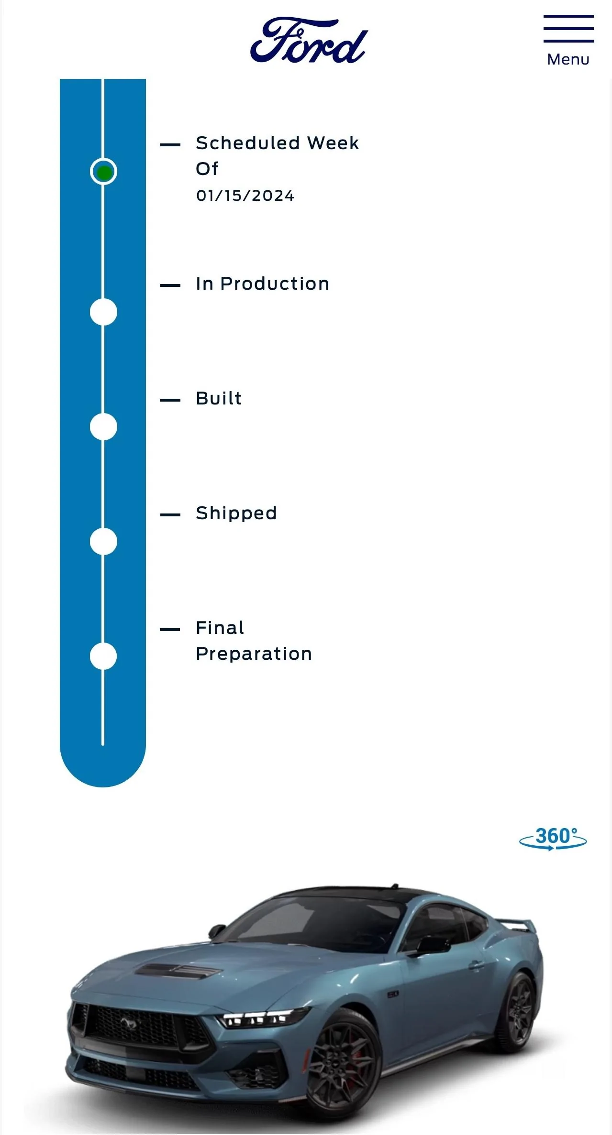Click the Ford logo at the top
[x=309, y=41]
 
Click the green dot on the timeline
[x=103, y=172]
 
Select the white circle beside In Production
[x=103, y=312]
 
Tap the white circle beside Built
[x=103, y=426]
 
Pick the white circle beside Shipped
[x=103, y=541]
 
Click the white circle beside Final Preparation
[x=103, y=656]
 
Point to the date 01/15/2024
[x=245, y=196]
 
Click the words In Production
[x=263, y=284]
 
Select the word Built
[x=219, y=398]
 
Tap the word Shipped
[x=236, y=513]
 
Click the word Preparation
[x=254, y=654]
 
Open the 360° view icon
[x=553, y=838]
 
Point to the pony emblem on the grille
[x=128, y=1023]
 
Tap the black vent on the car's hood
[x=177, y=971]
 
